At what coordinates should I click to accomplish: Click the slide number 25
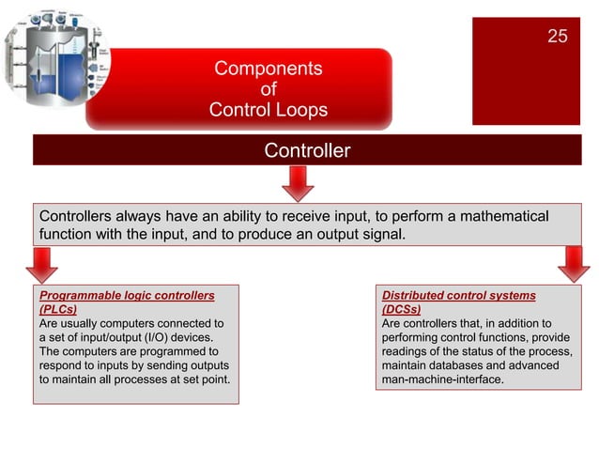pos(557,37)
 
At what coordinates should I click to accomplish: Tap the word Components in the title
pos(268,69)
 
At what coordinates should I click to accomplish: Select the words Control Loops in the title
pos(268,110)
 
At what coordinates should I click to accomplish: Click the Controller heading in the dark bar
pos(307,150)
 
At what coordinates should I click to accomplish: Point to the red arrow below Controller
pos(298,182)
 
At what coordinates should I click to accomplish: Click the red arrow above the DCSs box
pos(572,265)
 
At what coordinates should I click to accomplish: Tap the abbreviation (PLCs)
pos(57,309)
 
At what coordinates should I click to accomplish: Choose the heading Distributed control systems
pos(458,295)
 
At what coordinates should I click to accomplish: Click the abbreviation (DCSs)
pos(401,309)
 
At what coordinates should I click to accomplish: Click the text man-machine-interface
pos(442,379)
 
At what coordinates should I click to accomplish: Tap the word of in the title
pos(268,89)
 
